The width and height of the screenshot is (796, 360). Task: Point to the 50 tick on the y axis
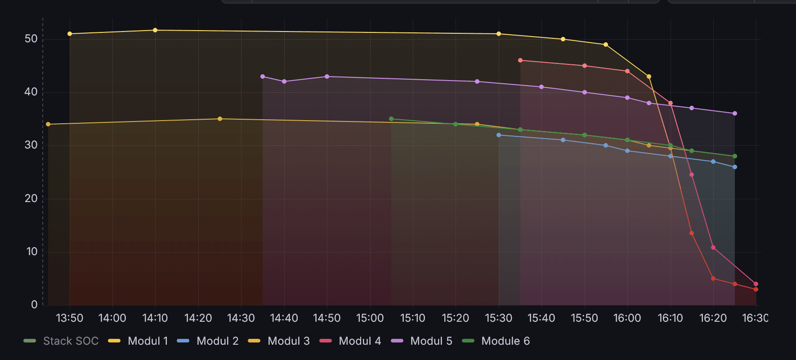pos(31,39)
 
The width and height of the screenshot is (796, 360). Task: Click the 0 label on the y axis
pos(34,305)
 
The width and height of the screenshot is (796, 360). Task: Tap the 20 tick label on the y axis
pos(31,198)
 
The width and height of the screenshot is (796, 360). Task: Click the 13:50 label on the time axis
pos(69,318)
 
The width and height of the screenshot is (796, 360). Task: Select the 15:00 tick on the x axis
pos(370,318)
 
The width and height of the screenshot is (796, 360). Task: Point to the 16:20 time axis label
pos(713,318)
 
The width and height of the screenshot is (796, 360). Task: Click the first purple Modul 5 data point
pos(263,76)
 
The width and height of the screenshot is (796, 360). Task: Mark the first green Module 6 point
pos(391,119)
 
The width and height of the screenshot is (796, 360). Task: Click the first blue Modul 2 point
pos(499,135)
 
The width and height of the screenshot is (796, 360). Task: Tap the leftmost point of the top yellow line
pos(70,34)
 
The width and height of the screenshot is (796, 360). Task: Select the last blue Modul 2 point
pos(735,167)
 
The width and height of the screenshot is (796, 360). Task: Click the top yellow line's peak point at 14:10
pos(155,30)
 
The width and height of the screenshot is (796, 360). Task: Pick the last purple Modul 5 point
pos(735,113)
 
